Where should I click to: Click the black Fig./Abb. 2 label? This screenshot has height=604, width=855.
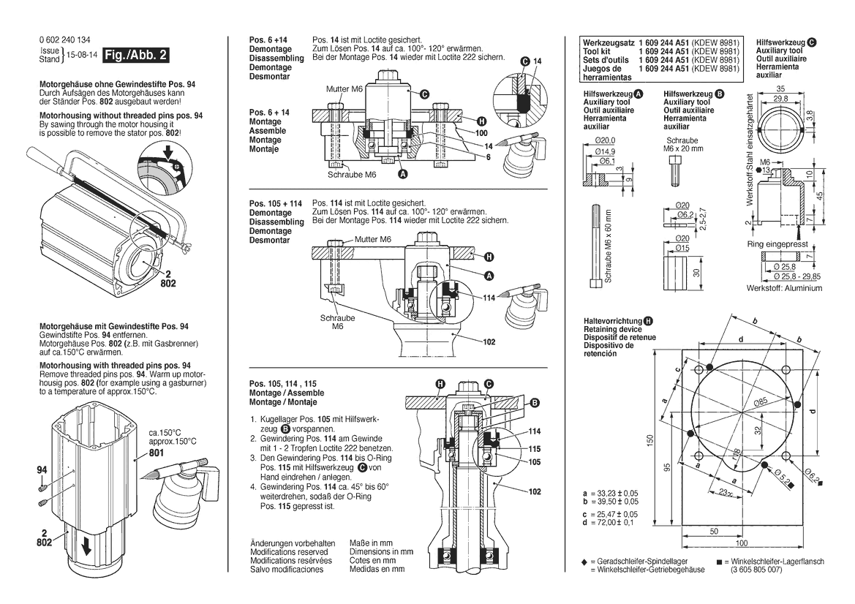tap(136, 56)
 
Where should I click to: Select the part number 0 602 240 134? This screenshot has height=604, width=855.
tap(65, 40)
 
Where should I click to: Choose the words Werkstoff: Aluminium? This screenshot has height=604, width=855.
tap(784, 288)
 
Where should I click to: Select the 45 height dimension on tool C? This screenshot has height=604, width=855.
tap(821, 195)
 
